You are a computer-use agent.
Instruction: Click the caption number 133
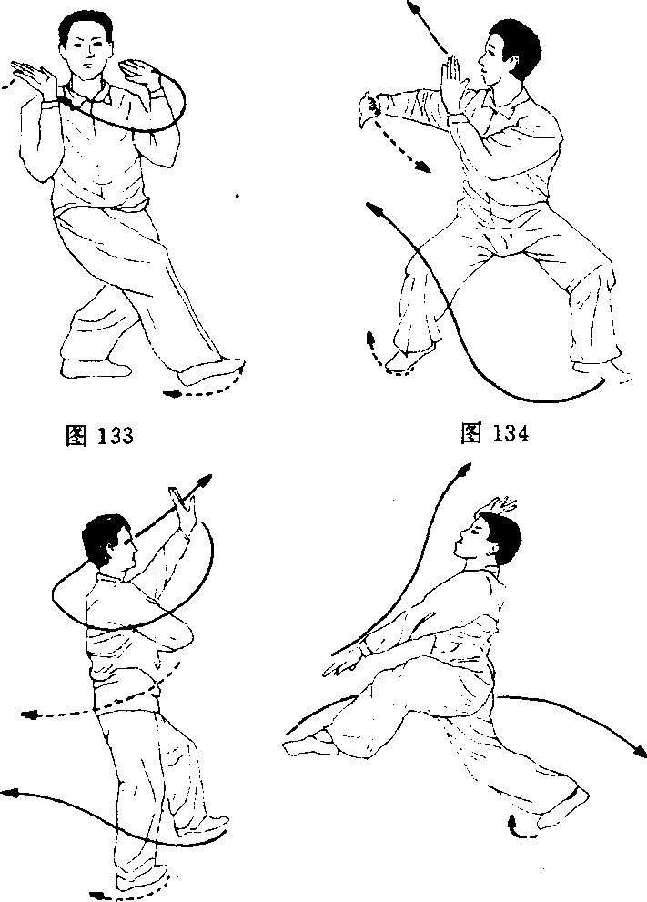pos(115,435)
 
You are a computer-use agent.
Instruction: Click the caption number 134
pos(510,433)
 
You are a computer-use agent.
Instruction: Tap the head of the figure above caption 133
pos(86,42)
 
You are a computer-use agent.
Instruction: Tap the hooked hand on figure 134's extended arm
pos(367,110)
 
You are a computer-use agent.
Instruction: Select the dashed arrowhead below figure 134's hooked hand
pos(423,167)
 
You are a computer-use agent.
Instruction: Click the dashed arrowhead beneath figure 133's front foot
pos(171,394)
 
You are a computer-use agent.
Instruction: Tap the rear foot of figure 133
pos(93,368)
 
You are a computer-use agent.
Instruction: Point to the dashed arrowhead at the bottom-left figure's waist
pos(29,715)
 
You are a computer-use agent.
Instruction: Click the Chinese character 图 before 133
pos(76,435)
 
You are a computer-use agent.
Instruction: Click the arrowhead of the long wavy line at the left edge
pos(9,793)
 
